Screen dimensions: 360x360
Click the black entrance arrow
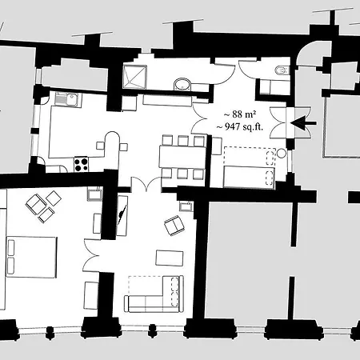point(303,123)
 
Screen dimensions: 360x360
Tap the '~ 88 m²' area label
point(240,114)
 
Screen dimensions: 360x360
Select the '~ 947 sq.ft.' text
point(240,126)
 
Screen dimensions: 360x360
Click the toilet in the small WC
point(282,70)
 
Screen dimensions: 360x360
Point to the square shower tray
point(134,77)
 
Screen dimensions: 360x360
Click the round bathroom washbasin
point(182,85)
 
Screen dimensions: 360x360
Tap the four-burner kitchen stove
point(81,164)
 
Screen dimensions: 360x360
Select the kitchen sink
point(69,99)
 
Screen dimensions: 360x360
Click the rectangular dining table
point(182,157)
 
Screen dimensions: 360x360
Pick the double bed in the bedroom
point(31,257)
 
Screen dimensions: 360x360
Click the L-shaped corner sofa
point(154,294)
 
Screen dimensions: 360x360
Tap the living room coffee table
point(170,258)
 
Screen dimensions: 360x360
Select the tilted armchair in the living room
point(174,226)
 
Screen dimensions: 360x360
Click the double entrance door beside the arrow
point(290,122)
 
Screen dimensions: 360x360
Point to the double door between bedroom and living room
point(92,255)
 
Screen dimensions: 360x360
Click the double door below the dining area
point(146,184)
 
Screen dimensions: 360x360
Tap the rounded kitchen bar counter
point(113,146)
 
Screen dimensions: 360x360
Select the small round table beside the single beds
point(282,154)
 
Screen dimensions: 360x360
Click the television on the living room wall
point(122,216)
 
